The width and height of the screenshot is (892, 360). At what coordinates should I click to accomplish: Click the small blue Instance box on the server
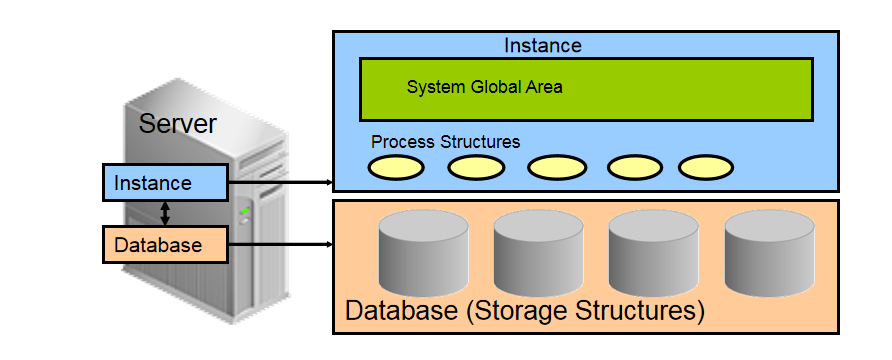(x=165, y=183)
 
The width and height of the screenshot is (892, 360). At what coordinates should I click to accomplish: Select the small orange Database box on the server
(x=165, y=244)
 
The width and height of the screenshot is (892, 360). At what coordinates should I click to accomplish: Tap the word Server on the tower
(x=177, y=124)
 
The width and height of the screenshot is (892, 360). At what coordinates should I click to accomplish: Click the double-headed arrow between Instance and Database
(x=165, y=213)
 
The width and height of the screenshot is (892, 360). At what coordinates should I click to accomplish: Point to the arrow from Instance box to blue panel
(x=280, y=183)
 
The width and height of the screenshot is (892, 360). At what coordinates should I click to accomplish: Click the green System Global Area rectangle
(x=585, y=89)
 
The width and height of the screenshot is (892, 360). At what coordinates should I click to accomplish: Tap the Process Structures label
(x=445, y=142)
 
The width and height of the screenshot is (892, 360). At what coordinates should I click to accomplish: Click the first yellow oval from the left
(x=396, y=167)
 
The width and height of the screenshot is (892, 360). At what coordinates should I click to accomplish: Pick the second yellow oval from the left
(x=476, y=167)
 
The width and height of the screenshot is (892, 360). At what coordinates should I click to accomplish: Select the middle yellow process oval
(x=557, y=167)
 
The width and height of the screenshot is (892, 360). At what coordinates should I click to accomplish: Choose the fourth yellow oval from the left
(x=637, y=167)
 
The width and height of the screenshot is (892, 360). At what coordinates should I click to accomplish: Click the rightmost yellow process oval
(x=706, y=167)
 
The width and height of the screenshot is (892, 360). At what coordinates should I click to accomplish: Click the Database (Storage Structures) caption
(x=525, y=310)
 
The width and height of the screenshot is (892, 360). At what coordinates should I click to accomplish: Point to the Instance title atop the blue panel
(x=542, y=45)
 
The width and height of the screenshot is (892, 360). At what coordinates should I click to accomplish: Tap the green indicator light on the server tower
(x=245, y=210)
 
